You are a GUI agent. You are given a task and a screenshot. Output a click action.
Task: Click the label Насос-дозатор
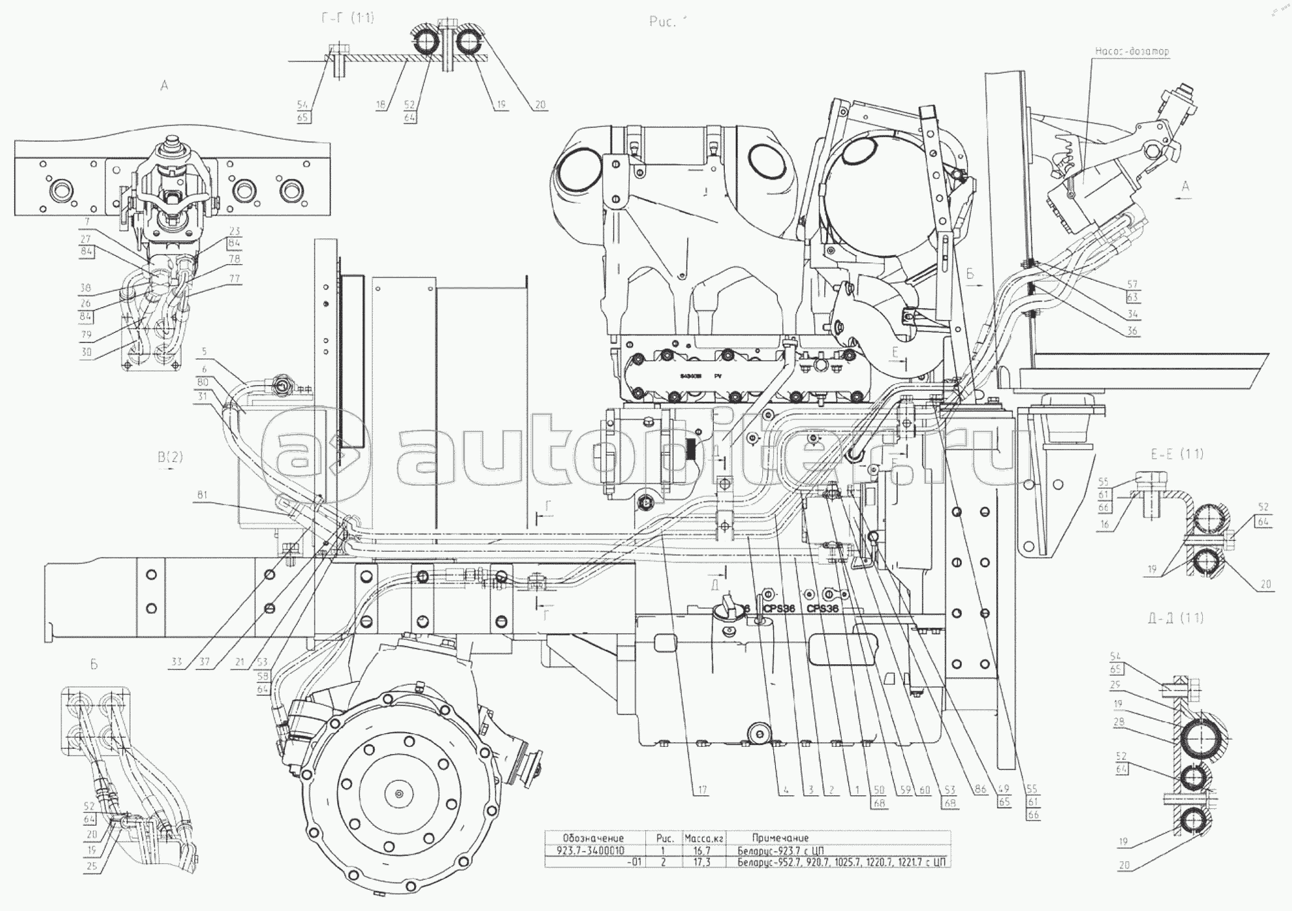(1132, 51)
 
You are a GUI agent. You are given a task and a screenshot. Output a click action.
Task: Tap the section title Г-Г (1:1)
(347, 18)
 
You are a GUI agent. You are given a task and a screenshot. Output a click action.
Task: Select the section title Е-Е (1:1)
(1178, 454)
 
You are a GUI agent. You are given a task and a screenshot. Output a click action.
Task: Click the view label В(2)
(171, 457)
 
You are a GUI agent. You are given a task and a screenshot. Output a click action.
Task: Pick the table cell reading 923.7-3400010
(590, 850)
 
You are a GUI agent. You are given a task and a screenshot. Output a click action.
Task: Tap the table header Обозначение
(592, 838)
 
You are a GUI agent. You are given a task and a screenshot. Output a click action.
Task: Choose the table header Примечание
(780, 838)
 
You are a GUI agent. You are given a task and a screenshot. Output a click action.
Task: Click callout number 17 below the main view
(702, 790)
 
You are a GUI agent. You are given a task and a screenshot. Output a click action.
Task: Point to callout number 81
(202, 496)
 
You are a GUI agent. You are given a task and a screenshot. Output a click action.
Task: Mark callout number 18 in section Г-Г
(380, 105)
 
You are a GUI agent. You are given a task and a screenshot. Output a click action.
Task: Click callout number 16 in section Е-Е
(1104, 525)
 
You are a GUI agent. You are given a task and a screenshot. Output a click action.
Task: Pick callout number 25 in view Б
(92, 866)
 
